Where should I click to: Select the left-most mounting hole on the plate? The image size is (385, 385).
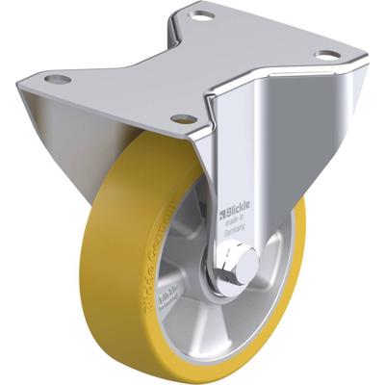click(57, 78)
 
